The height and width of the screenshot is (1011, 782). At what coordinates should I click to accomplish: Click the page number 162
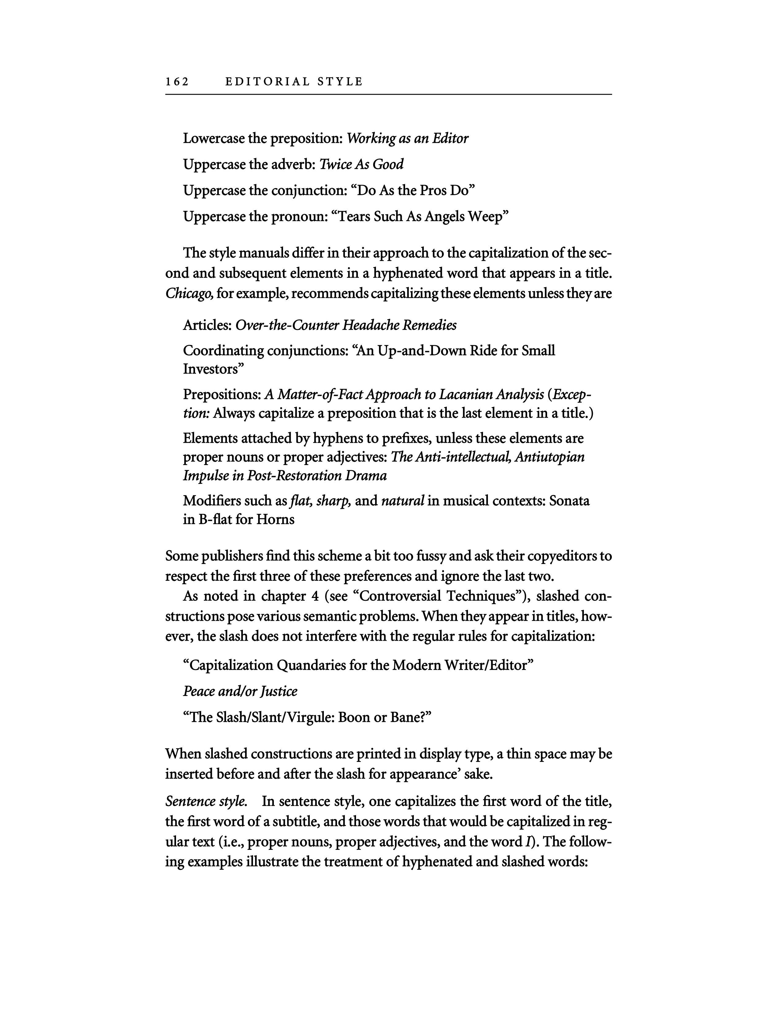pos(177,82)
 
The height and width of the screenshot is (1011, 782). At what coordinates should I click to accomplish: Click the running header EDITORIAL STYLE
pos(294,82)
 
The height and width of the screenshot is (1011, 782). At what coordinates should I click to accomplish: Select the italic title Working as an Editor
pos(407,138)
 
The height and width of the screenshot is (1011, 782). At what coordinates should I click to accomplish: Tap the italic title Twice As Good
pos(361,164)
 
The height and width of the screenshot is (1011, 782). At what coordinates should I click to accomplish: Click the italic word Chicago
pos(189,293)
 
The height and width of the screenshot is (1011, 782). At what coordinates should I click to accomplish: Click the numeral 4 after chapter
pos(315,596)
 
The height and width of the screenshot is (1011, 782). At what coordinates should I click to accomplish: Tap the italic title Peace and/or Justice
pos(240,691)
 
